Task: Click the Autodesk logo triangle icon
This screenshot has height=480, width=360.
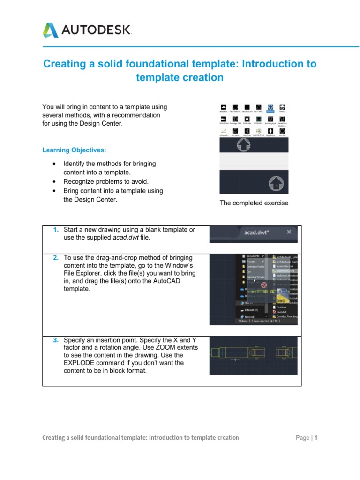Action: click(51, 30)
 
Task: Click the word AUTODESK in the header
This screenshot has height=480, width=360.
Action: click(96, 31)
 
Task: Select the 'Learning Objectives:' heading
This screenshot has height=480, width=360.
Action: click(74, 150)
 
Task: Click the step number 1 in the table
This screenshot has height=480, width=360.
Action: click(56, 230)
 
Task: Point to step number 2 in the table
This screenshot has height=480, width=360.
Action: click(56, 258)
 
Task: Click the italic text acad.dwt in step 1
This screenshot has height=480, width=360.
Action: click(124, 238)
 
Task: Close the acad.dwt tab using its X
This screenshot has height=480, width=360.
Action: click(289, 232)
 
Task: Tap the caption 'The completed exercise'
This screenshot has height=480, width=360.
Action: click(254, 203)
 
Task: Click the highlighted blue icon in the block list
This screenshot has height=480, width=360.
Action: click(270, 107)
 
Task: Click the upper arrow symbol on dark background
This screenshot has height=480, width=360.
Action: click(243, 144)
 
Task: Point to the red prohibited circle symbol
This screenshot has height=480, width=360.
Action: click(263, 285)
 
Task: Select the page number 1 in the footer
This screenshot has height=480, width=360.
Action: click(316, 438)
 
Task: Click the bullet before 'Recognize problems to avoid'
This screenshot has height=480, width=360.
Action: click(55, 181)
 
